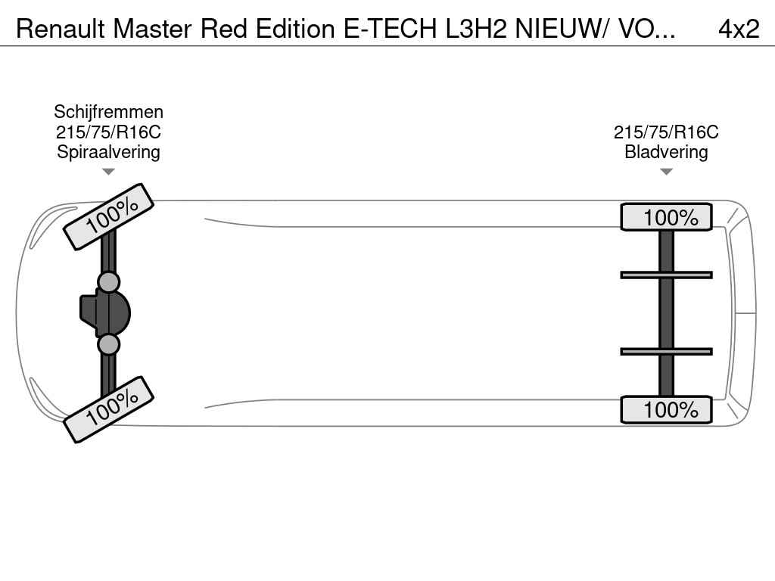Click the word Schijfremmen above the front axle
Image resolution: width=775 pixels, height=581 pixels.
(x=108, y=112)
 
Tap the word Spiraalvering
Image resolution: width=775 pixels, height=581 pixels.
(x=108, y=151)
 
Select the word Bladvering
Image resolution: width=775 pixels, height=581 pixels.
(x=666, y=151)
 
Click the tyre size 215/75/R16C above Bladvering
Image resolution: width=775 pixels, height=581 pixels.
(x=666, y=132)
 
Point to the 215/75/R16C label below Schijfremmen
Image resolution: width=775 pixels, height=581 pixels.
(x=108, y=132)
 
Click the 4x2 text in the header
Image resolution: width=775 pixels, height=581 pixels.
(x=738, y=29)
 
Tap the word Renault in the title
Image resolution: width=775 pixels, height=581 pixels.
(x=61, y=29)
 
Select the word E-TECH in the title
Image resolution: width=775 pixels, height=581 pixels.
(x=389, y=29)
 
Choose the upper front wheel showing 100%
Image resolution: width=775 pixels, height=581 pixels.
(x=109, y=216)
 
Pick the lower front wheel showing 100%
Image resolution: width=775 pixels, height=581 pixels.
(x=109, y=409)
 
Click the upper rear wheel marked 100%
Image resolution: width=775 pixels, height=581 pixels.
(x=666, y=218)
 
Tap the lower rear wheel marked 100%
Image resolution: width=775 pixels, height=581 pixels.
(x=666, y=410)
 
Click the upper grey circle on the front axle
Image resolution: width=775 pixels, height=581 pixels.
(x=109, y=282)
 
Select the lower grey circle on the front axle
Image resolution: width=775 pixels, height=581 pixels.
(x=109, y=345)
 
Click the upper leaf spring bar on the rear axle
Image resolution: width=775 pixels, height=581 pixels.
(x=666, y=275)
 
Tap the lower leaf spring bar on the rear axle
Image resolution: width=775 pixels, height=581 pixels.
(x=666, y=351)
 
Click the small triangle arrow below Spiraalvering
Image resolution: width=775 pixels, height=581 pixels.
(x=108, y=172)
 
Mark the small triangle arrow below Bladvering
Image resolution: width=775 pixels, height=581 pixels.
(x=666, y=172)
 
